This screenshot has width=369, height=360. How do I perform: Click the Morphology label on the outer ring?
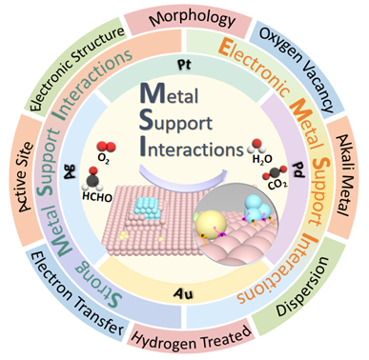193,19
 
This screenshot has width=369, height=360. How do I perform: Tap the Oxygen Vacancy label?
297,70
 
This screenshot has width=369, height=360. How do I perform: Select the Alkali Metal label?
342,175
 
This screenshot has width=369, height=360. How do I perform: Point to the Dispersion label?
302,287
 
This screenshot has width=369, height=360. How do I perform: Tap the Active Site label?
22,176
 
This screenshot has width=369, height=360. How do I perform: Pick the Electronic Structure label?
76,68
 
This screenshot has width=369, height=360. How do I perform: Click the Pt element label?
184,66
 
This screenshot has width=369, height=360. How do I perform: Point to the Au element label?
185,294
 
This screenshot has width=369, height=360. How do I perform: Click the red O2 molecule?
106,148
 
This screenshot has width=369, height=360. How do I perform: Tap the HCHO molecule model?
92,179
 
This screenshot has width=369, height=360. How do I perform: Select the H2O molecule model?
256,147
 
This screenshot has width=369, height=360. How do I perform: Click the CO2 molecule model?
275,173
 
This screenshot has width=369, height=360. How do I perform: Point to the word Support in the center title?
175,123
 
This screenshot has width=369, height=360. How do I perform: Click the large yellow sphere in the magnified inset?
211,223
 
